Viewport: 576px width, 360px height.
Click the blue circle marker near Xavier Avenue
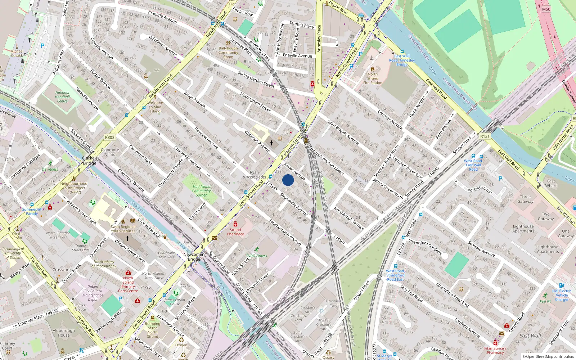click(288, 180)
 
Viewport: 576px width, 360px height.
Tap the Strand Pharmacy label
click(235, 232)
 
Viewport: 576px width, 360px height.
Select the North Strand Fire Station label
click(373, 78)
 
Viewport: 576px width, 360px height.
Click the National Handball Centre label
click(62, 97)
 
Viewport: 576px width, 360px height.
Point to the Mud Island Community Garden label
click(201, 191)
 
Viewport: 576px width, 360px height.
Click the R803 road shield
click(110, 138)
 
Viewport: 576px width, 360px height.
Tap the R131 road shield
click(485, 136)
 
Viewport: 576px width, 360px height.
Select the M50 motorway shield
click(546, 9)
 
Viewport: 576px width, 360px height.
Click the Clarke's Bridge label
click(90, 161)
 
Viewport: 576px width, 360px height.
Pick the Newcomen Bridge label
click(194, 257)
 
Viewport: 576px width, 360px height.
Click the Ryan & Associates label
click(254, 175)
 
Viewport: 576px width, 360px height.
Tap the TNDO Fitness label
click(256, 256)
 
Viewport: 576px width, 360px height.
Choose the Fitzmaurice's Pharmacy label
click(495, 351)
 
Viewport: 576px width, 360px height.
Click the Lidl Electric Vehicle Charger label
click(562, 295)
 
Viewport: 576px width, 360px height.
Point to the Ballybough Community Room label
click(228, 53)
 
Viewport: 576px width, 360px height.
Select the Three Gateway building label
click(525, 199)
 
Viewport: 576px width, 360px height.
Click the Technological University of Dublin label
click(13, 253)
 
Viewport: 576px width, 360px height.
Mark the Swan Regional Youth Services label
click(123, 229)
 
